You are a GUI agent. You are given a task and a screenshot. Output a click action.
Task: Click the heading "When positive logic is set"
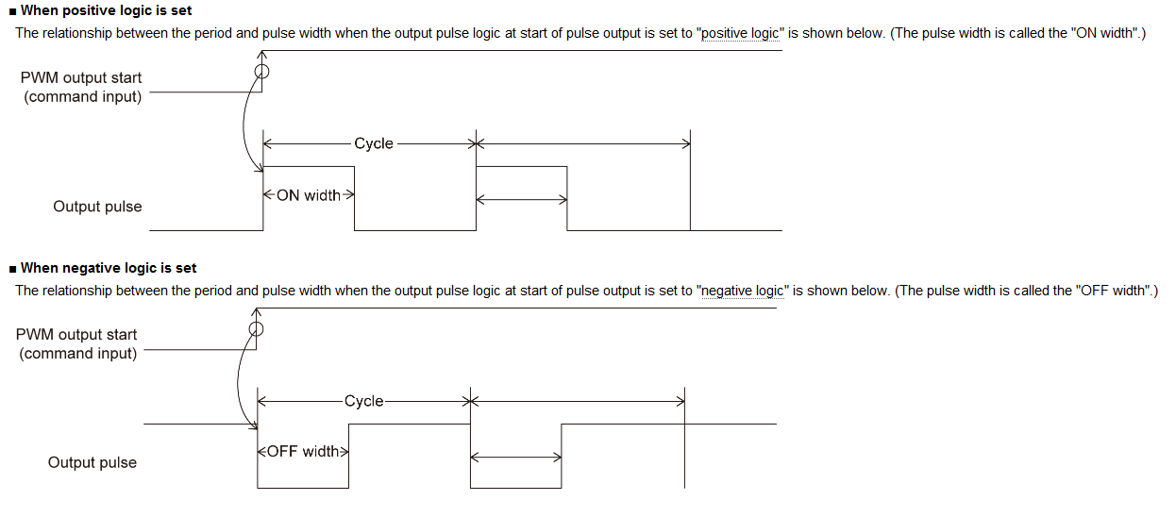point(106,10)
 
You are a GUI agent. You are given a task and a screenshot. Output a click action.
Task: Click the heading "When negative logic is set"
point(109,268)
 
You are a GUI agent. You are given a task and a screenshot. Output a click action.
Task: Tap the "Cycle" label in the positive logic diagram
point(373,143)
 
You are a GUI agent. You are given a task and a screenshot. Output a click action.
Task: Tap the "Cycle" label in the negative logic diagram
point(363,401)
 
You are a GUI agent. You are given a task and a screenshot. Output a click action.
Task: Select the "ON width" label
point(309,195)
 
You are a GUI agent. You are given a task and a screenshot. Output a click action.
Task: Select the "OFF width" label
point(303,451)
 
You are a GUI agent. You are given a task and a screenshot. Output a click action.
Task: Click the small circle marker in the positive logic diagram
point(262,72)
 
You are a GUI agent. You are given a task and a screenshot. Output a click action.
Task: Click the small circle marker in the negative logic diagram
point(256,329)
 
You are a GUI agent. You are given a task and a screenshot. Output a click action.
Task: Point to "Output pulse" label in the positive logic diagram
point(97,207)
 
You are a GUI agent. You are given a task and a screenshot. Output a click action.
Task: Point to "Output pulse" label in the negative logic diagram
point(92,462)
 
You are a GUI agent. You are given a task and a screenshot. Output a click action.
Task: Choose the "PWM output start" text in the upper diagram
point(81,77)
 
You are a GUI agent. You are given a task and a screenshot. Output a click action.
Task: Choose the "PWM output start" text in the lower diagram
point(76,334)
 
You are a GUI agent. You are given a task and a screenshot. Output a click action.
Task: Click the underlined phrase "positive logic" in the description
point(740,33)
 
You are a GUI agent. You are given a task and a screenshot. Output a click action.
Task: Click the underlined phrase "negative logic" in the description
point(743,291)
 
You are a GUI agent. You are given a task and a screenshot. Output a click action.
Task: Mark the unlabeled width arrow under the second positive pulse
point(521,199)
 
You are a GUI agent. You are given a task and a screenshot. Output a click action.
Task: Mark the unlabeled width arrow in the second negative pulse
point(515,458)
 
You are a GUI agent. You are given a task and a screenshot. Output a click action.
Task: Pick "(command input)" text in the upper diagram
point(83,96)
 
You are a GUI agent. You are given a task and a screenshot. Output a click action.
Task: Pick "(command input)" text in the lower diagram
point(78,353)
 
